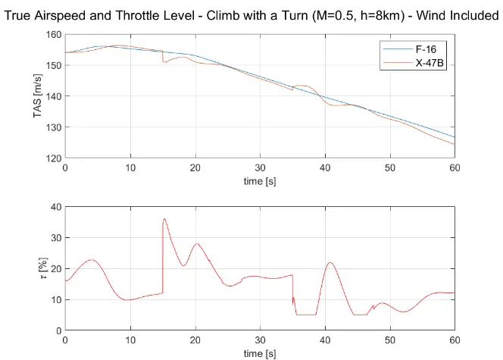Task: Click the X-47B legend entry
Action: [x=430, y=64]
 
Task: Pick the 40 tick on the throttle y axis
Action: [x=55, y=207]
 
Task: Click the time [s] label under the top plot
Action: [x=259, y=182]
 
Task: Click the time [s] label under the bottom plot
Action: [x=259, y=353]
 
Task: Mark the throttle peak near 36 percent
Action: [x=164, y=219]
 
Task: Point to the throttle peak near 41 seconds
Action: [x=330, y=263]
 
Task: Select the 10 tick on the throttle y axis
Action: [x=55, y=299]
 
